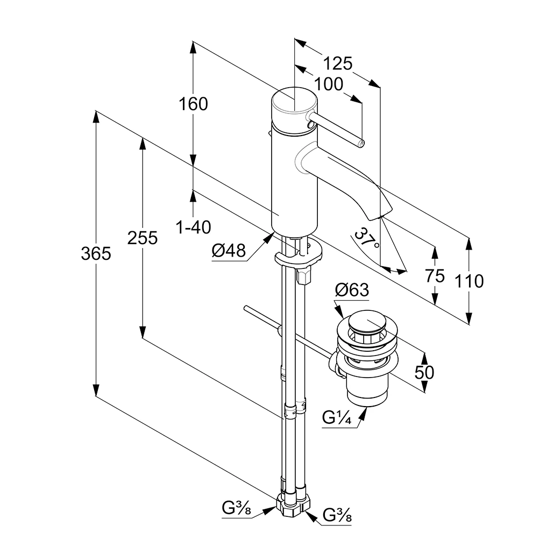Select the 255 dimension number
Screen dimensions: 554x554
click(143, 237)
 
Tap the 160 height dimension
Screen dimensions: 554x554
click(193, 103)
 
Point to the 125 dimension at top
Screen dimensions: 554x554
click(338, 63)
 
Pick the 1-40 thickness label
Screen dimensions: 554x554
click(194, 228)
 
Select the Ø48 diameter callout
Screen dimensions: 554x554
click(229, 250)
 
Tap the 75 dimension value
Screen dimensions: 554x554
click(435, 276)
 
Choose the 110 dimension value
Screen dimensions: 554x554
click(469, 281)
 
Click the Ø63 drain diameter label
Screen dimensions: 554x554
click(352, 290)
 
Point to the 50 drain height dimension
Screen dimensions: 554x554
click(424, 372)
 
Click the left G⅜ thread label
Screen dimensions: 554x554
click(237, 507)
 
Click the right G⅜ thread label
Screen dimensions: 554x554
click(337, 516)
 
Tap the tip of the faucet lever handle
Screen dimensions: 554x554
click(361, 143)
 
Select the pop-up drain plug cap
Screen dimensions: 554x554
click(367, 325)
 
